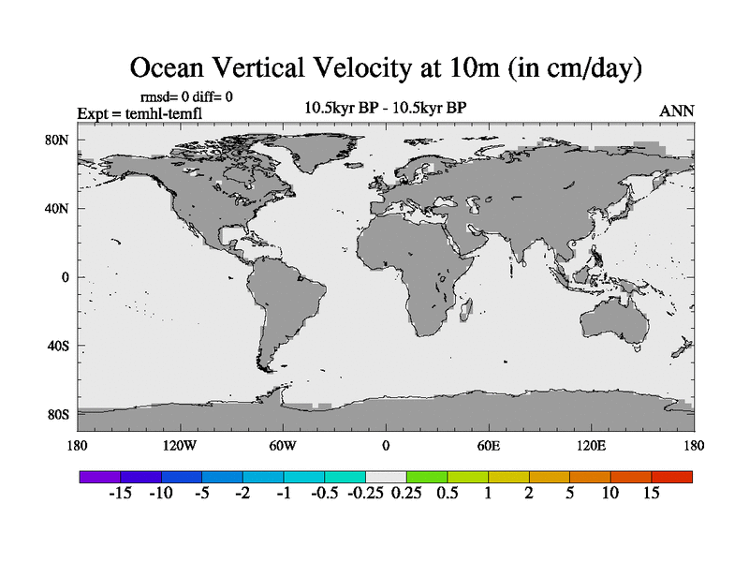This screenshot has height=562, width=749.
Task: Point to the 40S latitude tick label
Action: [x=58, y=346]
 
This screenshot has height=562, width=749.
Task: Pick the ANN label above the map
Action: [x=677, y=111]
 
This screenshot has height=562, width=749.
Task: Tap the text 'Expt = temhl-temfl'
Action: [x=140, y=114]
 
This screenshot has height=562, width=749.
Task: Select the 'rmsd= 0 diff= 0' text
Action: [x=186, y=96]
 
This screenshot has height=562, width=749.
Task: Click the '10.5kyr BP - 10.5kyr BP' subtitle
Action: [x=386, y=108]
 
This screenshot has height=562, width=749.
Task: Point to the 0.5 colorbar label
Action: [x=447, y=494]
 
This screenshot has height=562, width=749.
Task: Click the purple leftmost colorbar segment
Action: [x=99, y=477]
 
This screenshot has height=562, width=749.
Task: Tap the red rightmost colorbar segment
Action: [x=672, y=477]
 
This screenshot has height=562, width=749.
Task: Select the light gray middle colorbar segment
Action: [x=386, y=477]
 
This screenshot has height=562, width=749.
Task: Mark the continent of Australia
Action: [x=613, y=323]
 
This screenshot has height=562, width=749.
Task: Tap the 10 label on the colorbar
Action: [x=610, y=494]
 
